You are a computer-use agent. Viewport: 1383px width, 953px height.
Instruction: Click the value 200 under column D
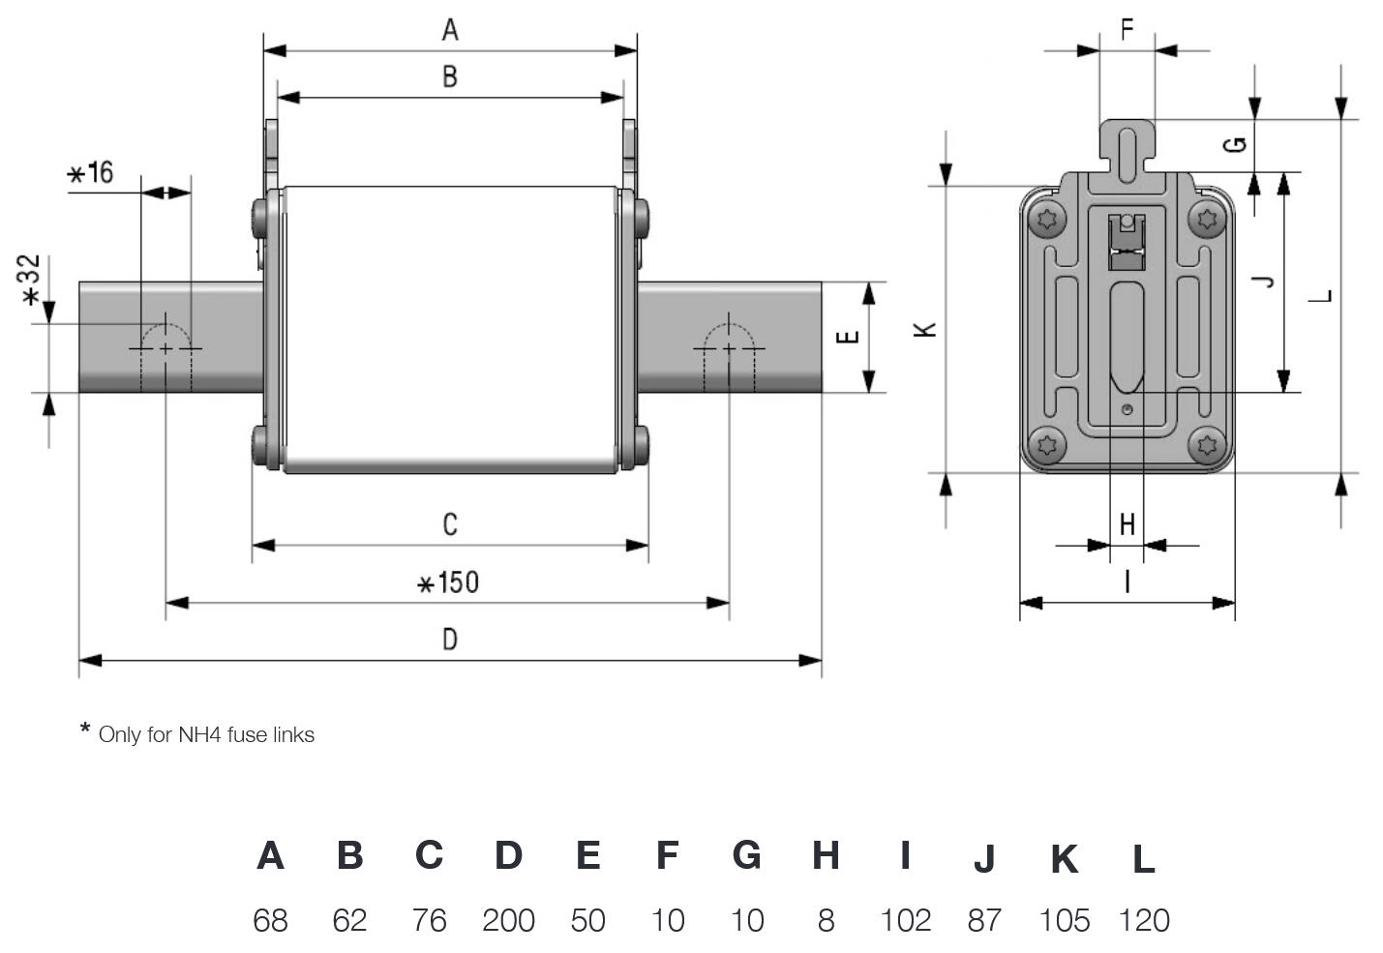tap(508, 920)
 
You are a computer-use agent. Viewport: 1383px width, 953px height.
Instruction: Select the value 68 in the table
tap(270, 920)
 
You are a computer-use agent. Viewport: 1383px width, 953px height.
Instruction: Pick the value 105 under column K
tap(1065, 920)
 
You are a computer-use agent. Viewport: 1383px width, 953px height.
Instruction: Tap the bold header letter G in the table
tap(746, 855)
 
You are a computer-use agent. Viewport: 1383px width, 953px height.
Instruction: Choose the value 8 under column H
tap(827, 920)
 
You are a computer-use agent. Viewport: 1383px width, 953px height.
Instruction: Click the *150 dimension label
tap(448, 582)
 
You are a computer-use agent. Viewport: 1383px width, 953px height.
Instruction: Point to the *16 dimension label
tap(90, 173)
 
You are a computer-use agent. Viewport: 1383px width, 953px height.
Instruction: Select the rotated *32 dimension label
tap(29, 280)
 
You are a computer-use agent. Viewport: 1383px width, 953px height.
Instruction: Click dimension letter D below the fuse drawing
tap(450, 639)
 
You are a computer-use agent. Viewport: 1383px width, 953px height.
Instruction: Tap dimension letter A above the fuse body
tap(450, 30)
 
